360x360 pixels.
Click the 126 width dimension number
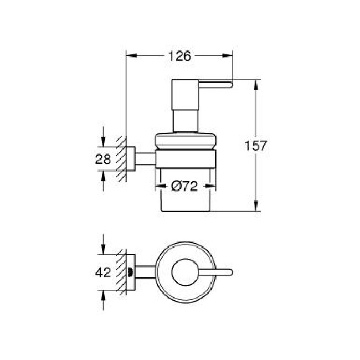180,56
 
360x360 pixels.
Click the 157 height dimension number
256,146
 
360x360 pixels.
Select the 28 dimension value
103,159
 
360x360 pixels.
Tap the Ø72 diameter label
184,187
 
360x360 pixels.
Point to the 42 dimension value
103,272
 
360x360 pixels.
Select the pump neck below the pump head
186,120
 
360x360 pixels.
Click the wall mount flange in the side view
131,159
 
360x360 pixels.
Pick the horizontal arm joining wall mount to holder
145,159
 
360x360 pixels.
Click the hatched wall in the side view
121,160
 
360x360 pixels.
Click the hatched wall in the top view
121,272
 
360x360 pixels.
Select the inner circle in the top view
184,272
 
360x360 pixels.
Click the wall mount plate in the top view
131,272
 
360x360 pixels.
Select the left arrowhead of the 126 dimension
131,56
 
